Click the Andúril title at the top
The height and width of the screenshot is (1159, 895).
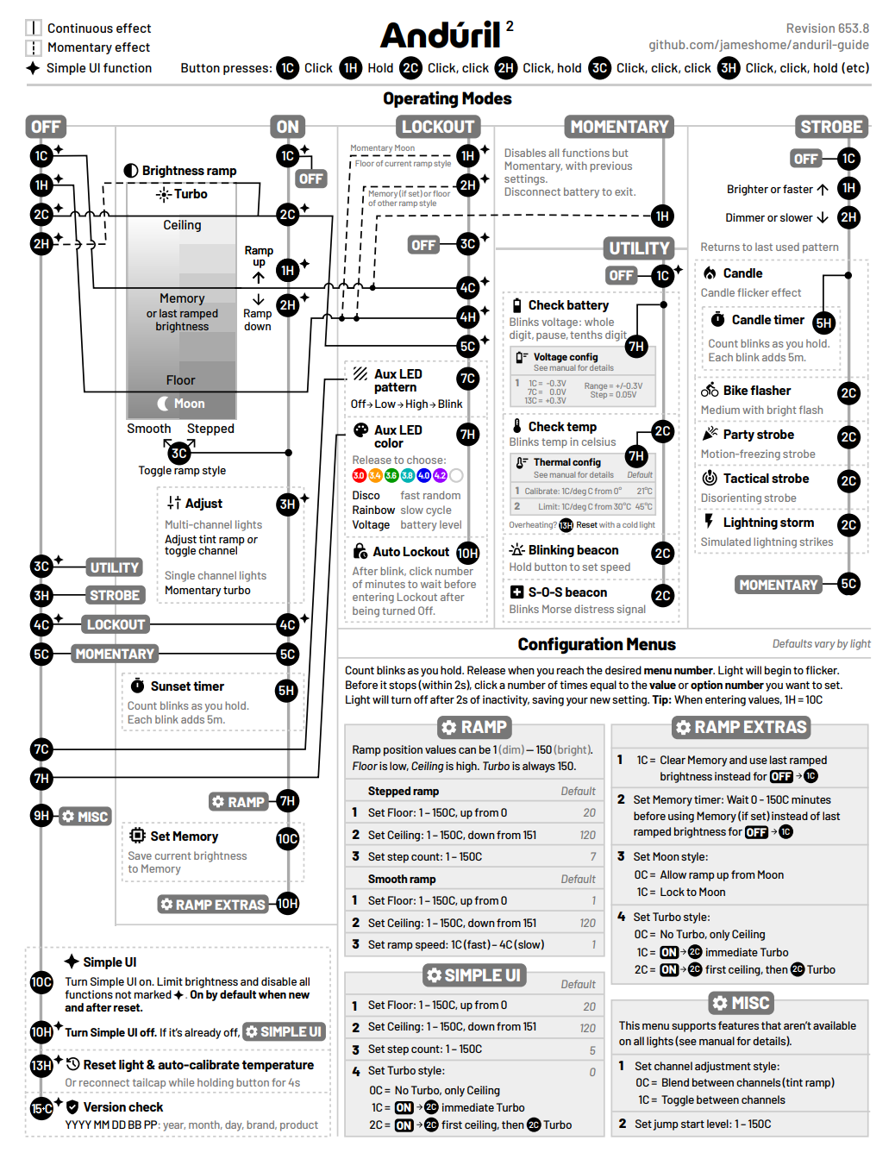point(441,36)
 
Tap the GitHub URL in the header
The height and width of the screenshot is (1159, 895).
point(759,45)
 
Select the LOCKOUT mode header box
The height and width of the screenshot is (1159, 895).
point(438,127)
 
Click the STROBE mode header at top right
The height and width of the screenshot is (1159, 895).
point(831,127)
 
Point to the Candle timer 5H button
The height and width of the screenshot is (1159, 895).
point(823,323)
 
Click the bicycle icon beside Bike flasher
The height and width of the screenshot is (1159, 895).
point(710,390)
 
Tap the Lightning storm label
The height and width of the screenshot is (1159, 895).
point(768,523)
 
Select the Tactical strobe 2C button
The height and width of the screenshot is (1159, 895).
point(848,480)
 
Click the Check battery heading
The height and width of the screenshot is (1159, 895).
point(568,305)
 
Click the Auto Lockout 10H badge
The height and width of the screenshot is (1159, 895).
point(467,553)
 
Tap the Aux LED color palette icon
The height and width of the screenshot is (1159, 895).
point(360,429)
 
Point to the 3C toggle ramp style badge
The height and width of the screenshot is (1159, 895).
point(179,453)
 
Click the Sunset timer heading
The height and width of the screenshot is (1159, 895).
point(187,686)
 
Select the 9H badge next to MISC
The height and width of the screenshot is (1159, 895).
point(41,816)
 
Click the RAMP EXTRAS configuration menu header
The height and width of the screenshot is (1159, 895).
point(742,727)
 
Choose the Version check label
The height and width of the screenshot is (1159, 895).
point(123,1107)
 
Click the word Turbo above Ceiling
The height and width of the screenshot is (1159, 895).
point(191,194)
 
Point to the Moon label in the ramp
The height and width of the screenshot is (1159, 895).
point(189,404)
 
